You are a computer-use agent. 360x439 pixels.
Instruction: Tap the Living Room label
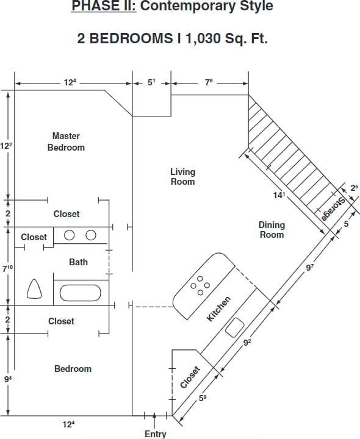coord(182,177)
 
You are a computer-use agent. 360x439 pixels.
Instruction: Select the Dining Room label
coord(272,230)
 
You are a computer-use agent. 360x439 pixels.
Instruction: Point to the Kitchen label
coord(218,309)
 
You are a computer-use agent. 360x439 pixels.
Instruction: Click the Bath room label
coord(78,262)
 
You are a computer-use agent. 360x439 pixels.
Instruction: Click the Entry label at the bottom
coord(155,434)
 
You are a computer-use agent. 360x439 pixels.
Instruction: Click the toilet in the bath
coord(35,289)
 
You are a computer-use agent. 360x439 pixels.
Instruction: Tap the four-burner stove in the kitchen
coord(200,285)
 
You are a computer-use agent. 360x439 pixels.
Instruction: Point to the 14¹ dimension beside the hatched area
coord(279,195)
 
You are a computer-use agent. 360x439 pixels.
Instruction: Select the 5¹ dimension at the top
coord(152,82)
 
